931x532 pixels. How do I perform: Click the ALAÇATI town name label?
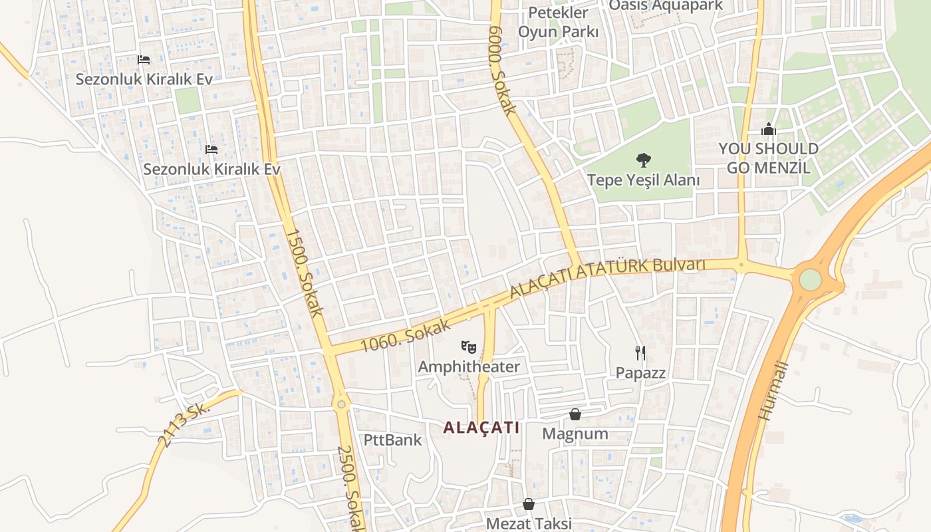(x=481, y=428)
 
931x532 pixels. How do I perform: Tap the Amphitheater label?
(x=469, y=367)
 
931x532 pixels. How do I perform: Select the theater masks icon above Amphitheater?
(x=469, y=346)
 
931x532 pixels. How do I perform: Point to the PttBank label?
(x=392, y=440)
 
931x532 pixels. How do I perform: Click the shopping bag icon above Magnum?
(x=575, y=414)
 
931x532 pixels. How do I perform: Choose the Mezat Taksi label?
(x=529, y=523)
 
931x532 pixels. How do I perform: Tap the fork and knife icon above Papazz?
(x=640, y=352)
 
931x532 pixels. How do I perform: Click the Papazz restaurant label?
(x=640, y=373)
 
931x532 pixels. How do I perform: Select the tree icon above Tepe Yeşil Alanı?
(x=643, y=160)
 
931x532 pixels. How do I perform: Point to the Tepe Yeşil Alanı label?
(x=643, y=180)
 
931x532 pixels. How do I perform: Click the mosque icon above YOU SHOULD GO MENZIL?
(x=769, y=129)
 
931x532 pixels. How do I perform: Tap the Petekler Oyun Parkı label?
(x=558, y=22)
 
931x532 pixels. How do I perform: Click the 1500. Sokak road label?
(x=304, y=273)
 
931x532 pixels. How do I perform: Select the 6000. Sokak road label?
(x=501, y=70)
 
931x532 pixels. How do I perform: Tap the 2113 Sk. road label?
(x=184, y=424)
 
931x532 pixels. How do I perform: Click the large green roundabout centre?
(x=809, y=279)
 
